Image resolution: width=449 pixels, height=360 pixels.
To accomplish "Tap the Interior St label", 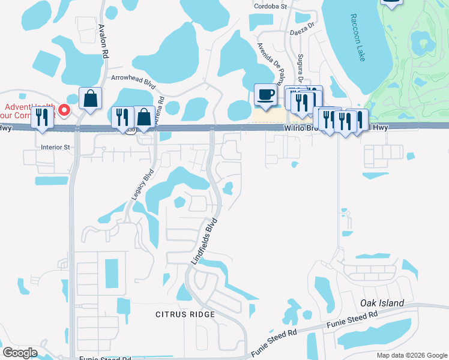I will click(x=55, y=146).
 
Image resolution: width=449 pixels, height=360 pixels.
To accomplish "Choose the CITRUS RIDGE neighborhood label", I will click(x=185, y=314).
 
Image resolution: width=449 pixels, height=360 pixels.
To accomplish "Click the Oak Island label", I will click(x=382, y=303).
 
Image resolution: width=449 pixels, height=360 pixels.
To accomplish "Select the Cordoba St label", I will click(x=271, y=5).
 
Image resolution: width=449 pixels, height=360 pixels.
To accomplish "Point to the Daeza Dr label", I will click(x=301, y=29).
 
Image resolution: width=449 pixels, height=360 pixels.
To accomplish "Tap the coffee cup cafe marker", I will click(x=265, y=94).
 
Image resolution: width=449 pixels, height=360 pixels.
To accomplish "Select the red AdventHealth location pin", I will click(x=66, y=110).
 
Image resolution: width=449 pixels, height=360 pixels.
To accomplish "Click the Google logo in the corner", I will click(x=20, y=353).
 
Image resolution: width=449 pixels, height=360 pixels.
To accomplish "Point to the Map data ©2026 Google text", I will click(x=411, y=355).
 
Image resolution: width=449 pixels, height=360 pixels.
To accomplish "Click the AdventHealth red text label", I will click(x=27, y=110).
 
